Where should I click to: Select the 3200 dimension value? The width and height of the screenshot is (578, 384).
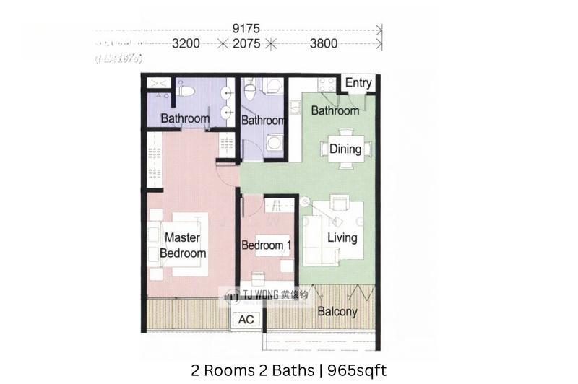coord(186,43)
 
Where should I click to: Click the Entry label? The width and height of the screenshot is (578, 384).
coord(358,82)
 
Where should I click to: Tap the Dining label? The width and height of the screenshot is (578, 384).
coord(345,149)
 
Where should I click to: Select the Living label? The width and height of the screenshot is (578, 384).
coord(342,237)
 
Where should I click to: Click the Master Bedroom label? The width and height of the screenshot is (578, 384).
coord(183,245)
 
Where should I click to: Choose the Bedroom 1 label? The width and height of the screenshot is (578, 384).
coord(267,245)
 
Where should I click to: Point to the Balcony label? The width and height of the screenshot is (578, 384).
coord(337,312)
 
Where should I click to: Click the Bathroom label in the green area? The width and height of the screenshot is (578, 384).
coord(335,111)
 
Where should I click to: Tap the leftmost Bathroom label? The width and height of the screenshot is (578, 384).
coord(185,118)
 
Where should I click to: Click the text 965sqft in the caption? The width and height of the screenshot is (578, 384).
coord(356,370)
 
